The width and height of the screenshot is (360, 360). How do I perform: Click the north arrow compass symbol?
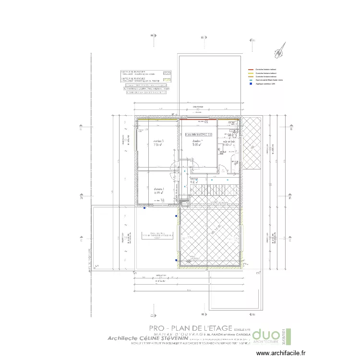click(280, 50)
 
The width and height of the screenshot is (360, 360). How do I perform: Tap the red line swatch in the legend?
click(251, 69)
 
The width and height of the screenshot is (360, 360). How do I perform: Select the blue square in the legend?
click(251, 84)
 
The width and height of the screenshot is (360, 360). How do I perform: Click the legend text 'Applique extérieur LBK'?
click(265, 84)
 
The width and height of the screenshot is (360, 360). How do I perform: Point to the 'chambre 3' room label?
click(158, 141)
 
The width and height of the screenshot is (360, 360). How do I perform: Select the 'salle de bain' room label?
click(228, 142)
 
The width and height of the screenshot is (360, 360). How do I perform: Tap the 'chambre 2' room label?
click(159, 190)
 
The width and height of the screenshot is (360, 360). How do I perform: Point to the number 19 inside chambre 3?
click(146, 130)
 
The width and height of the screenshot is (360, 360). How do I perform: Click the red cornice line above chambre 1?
click(194, 118)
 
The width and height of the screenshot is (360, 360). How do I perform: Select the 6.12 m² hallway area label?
click(193, 182)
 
